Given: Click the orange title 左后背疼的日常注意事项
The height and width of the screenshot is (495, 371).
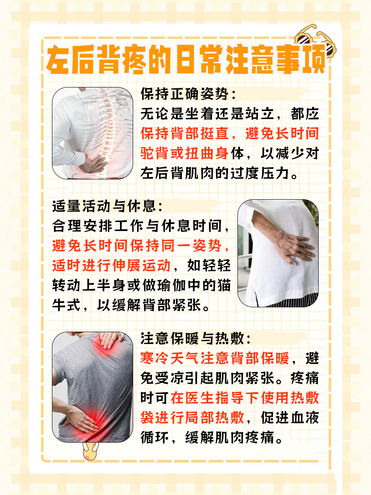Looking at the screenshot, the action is pyautogui.click(x=186, y=59).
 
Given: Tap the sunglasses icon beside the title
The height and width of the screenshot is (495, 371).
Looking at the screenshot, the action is pyautogui.click(x=315, y=42).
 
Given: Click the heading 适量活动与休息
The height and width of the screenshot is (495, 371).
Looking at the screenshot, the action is pyautogui.click(x=104, y=206).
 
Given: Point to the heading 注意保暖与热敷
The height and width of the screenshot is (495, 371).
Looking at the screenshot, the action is pyautogui.click(x=192, y=339).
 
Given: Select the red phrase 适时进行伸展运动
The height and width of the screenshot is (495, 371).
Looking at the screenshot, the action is pyautogui.click(x=111, y=265).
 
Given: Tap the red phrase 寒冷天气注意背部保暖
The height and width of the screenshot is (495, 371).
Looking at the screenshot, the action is pyautogui.click(x=214, y=358).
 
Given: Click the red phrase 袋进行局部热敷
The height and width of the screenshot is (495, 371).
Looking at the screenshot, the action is pyautogui.click(x=192, y=417).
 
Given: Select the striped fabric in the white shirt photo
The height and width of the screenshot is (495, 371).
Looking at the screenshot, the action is pyautogui.click(x=291, y=300).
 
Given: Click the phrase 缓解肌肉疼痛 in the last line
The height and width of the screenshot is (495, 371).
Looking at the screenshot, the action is pyautogui.click(x=230, y=437).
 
